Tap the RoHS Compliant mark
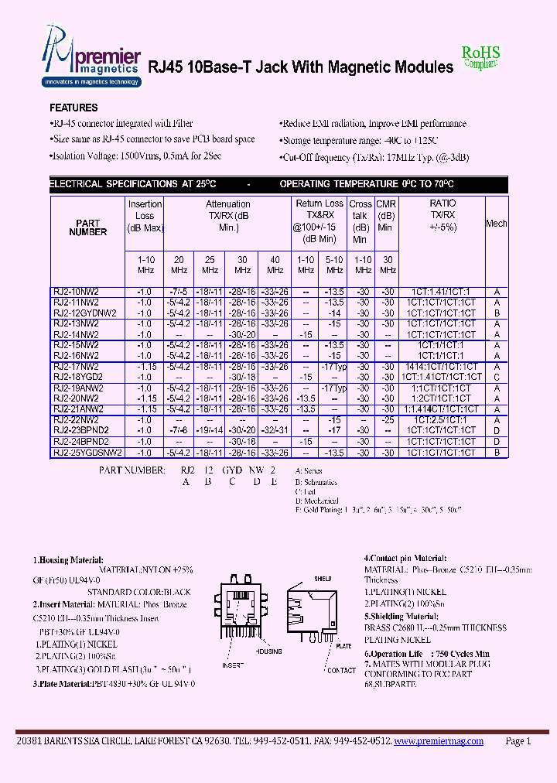click(x=481, y=56)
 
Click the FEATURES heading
click(x=73, y=108)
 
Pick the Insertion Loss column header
click(x=145, y=216)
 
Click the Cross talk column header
click(x=361, y=221)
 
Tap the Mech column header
click(x=497, y=224)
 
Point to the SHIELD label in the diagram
click(x=322, y=579)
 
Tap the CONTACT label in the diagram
click(x=341, y=670)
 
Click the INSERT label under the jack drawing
click(x=233, y=665)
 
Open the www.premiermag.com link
click(x=438, y=740)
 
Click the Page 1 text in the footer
click(x=518, y=740)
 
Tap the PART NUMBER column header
click(x=88, y=227)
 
